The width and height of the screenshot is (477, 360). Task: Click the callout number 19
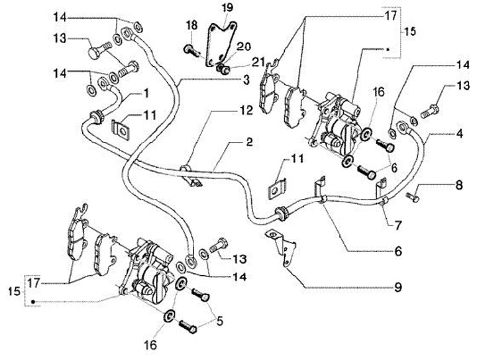coord(227,8)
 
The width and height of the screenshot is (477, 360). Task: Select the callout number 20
coord(244,46)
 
